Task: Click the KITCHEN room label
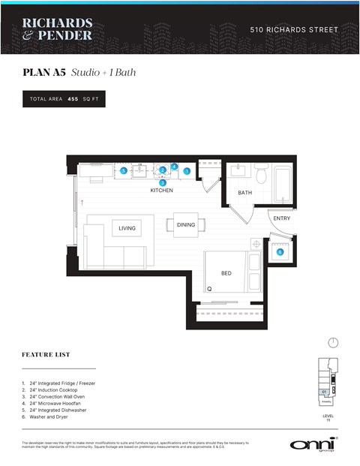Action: (161, 191)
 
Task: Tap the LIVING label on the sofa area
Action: (127, 228)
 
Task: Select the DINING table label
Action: (186, 225)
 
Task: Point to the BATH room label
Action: (244, 193)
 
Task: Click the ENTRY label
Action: (281, 218)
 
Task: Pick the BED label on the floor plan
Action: (226, 273)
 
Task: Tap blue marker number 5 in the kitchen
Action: (124, 171)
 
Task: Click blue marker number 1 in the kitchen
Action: (187, 171)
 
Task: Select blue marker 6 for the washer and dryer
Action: (280, 252)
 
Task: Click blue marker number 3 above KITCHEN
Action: (162, 182)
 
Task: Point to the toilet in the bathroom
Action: (261, 175)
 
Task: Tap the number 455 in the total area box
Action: (73, 99)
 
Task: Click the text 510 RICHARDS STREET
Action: (293, 30)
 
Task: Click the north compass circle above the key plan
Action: (333, 343)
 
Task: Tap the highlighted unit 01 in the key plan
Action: (324, 392)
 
